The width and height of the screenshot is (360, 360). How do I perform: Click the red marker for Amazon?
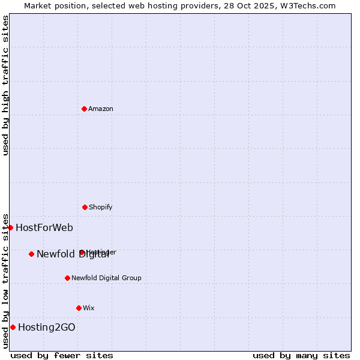84,109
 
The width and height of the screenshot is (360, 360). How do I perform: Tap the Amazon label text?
100,109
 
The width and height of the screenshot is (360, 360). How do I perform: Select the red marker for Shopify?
85,207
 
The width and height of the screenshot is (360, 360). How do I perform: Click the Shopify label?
100,207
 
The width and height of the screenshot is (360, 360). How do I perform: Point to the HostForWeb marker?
10,227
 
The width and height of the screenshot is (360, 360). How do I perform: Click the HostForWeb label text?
44,227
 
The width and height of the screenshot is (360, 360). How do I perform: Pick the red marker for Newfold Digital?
31,254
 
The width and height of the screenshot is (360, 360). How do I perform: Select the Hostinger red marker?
82,252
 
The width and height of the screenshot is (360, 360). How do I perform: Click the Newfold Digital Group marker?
67,278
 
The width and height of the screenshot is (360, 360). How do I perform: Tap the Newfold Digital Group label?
106,278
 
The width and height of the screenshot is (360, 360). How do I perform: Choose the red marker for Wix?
79,308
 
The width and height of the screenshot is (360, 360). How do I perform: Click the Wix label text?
89,308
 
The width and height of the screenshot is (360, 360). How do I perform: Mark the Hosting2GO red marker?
13,327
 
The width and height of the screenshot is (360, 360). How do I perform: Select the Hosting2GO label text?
46,327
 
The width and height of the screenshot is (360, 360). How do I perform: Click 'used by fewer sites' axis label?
62,355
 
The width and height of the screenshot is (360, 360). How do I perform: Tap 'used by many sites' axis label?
301,355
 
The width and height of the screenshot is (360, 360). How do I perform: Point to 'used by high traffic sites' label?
5,85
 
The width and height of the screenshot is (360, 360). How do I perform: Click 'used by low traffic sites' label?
5,280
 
